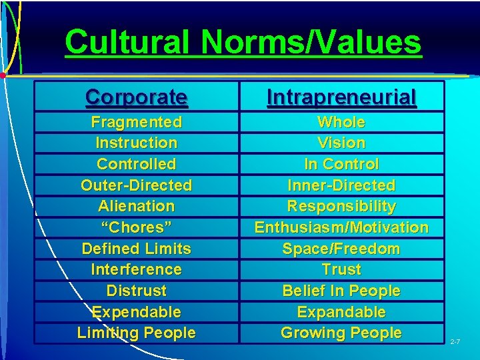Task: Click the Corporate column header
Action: click(137, 97)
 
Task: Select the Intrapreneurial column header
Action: click(341, 97)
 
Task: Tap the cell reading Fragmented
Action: click(137, 122)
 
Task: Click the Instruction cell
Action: click(137, 143)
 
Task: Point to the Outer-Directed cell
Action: click(137, 185)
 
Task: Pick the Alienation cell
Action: click(137, 206)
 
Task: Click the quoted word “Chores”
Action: click(137, 227)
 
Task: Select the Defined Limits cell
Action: click(137, 249)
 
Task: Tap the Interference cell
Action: click(137, 269)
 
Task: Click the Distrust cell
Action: click(137, 291)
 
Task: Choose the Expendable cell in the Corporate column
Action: click(137, 312)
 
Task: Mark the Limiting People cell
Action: click(137, 333)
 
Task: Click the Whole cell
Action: click(341, 122)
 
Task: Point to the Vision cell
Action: click(341, 143)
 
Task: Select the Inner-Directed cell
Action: click(341, 185)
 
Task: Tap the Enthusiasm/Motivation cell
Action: click(341, 227)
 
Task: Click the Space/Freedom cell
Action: click(341, 249)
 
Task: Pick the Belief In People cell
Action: click(341, 291)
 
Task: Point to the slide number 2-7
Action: click(455, 342)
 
